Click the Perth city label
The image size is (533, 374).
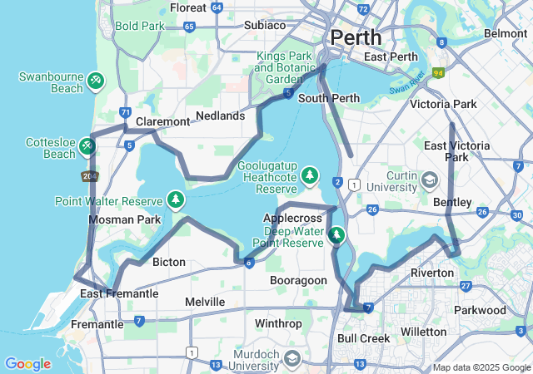(356, 37)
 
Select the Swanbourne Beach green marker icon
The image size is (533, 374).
(96, 80)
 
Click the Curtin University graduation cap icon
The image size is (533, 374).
(430, 180)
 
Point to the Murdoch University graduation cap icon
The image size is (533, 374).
(291, 358)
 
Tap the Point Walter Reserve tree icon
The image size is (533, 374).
(175, 199)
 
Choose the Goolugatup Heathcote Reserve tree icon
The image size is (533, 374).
(310, 175)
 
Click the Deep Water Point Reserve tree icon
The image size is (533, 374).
(336, 236)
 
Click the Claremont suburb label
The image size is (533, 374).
(162, 121)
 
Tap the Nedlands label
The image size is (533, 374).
(220, 116)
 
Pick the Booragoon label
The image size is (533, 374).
(298, 281)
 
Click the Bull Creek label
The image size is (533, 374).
(363, 338)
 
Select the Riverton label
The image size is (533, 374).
(431, 273)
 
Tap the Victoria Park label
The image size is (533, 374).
(443, 105)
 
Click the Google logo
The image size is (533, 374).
(27, 363)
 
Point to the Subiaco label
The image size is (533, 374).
(265, 25)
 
